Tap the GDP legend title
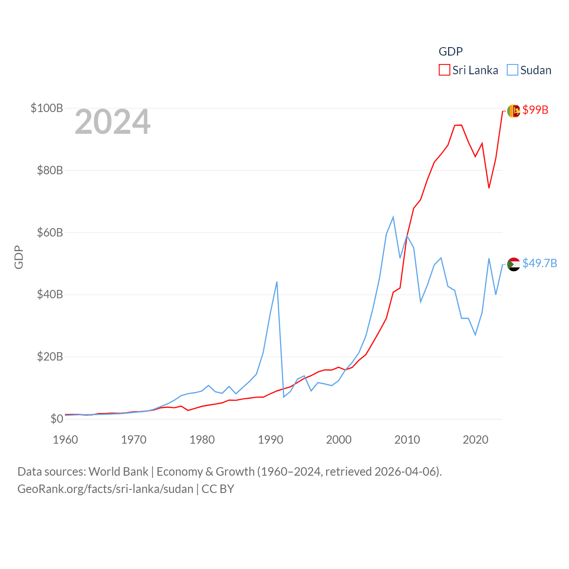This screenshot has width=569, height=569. pos(450,52)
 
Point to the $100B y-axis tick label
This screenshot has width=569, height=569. pos(47,108)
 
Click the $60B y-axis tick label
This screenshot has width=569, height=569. pos(49,232)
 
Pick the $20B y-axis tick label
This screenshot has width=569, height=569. pos(49,357)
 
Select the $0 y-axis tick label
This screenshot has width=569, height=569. pos(57,419)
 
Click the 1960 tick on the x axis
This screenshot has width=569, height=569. pos(65,440)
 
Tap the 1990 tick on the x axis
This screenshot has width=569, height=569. pos(270,440)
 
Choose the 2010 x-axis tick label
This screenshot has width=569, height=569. pos(407,440)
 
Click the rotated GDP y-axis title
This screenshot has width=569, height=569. pos(19,257)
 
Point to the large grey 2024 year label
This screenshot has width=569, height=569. pos(112,122)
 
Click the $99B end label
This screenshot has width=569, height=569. pos(535,110)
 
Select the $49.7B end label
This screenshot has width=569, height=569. pos(540,263)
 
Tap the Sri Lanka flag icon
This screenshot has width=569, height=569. pos(513,111)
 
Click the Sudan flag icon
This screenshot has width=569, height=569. pos(513,264)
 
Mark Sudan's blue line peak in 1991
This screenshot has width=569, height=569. pos(277,282)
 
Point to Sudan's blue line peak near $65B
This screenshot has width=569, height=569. pos(393,217)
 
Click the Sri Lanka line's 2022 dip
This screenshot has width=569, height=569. pos(489,188)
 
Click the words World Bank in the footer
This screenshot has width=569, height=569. pos(119,471)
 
